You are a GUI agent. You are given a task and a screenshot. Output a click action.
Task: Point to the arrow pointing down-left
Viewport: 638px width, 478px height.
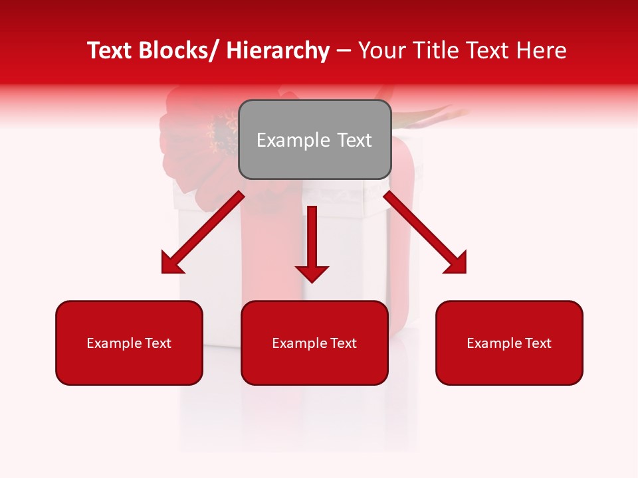(202, 232)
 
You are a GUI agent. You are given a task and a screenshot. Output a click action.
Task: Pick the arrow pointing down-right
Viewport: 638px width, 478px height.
(425, 232)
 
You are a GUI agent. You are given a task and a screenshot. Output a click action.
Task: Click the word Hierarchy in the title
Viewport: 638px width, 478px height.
(278, 50)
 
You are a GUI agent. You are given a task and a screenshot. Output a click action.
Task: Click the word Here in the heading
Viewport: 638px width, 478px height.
(542, 50)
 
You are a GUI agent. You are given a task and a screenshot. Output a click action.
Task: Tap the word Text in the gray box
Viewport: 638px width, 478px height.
(354, 140)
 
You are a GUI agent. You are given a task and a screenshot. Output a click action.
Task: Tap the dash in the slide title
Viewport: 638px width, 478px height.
(344, 51)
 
